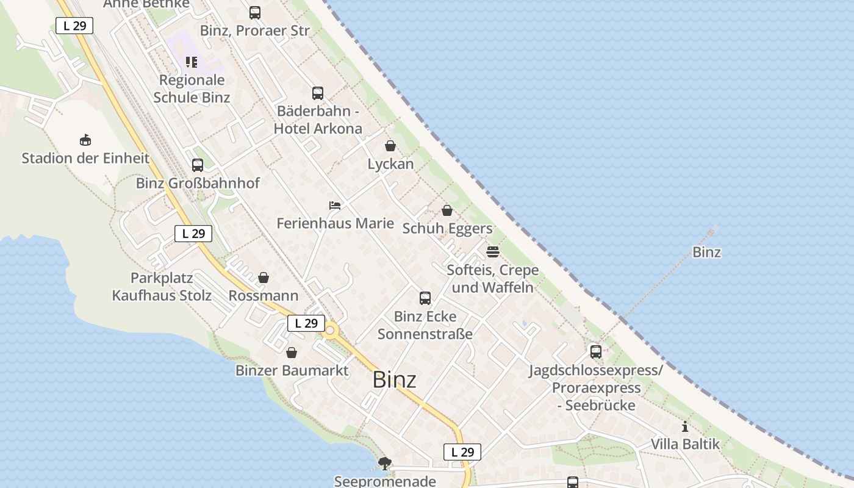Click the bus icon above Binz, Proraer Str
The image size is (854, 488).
(255, 12)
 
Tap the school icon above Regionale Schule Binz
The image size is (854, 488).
(192, 62)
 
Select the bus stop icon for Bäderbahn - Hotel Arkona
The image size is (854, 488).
(318, 93)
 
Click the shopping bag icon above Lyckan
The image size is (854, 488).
(390, 146)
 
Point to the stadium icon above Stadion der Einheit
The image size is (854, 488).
(85, 140)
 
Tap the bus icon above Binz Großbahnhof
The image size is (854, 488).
(198, 165)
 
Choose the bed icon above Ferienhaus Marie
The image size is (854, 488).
(335, 206)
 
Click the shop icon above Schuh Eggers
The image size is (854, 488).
(447, 210)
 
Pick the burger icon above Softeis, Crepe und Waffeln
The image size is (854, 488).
(493, 252)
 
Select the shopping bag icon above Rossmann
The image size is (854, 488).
(264, 278)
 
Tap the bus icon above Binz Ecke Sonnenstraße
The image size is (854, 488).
(425, 298)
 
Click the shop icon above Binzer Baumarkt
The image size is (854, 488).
(292, 353)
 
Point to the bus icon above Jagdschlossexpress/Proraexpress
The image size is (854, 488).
(596, 352)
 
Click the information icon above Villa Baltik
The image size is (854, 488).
(685, 426)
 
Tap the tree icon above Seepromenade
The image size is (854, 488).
(384, 464)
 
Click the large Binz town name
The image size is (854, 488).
(394, 380)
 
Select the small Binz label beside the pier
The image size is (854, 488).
(706, 252)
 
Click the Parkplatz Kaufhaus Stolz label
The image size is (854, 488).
(162, 287)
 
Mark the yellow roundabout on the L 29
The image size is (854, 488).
(331, 331)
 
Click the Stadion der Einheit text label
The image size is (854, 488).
(85, 159)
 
